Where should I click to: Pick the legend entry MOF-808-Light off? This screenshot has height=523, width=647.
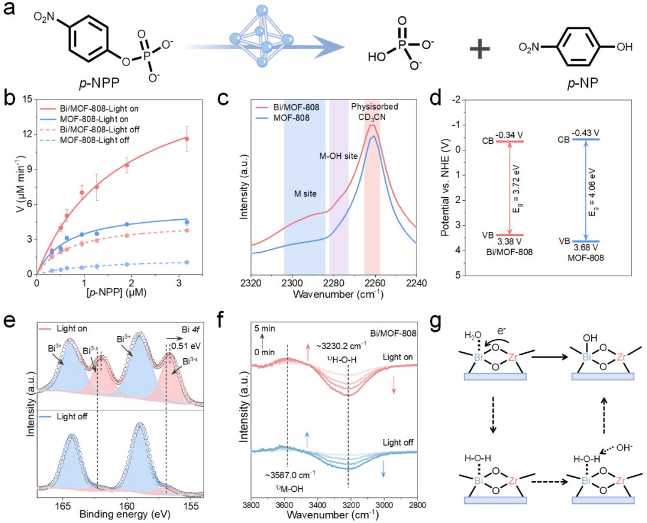[x=96, y=140]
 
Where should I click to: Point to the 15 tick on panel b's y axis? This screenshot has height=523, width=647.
[x=26, y=100]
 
